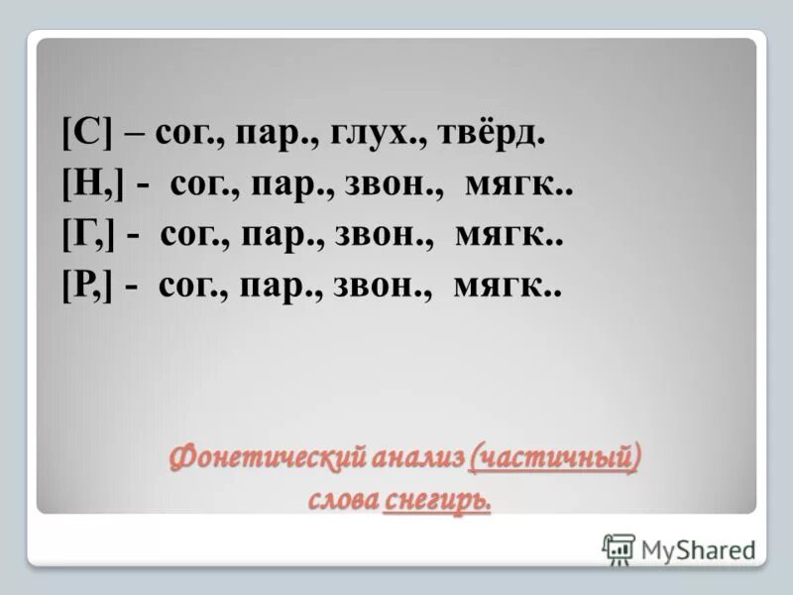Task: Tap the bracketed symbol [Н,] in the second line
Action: click(x=86, y=184)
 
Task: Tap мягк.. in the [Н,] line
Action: click(x=516, y=185)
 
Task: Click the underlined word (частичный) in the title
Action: click(x=554, y=459)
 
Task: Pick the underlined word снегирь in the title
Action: click(x=436, y=502)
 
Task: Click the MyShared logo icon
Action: click(x=619, y=548)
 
